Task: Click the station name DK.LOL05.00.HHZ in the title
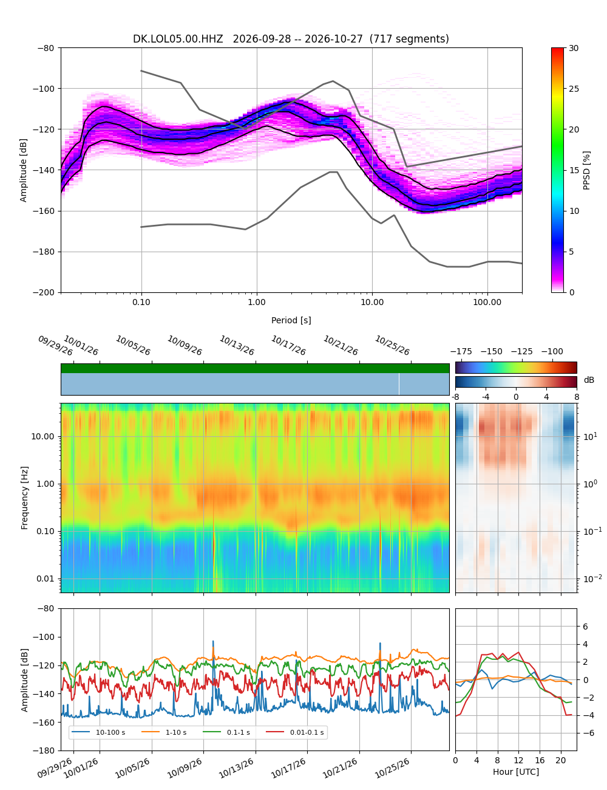[177, 39]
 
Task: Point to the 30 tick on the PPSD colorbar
[573, 48]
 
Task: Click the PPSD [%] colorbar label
[586, 170]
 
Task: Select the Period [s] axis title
[291, 320]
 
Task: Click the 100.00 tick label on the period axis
[487, 303]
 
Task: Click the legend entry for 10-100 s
[98, 732]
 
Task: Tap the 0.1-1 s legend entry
[226, 732]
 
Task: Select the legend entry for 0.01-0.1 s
[294, 732]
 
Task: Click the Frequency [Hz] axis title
[24, 498]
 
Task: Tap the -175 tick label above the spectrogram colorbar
[461, 352]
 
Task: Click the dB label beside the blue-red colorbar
[588, 380]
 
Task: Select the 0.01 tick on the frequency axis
[45, 579]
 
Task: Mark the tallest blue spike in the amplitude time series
[213, 641]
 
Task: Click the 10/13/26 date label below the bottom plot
[236, 771]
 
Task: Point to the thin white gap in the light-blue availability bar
[399, 384]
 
